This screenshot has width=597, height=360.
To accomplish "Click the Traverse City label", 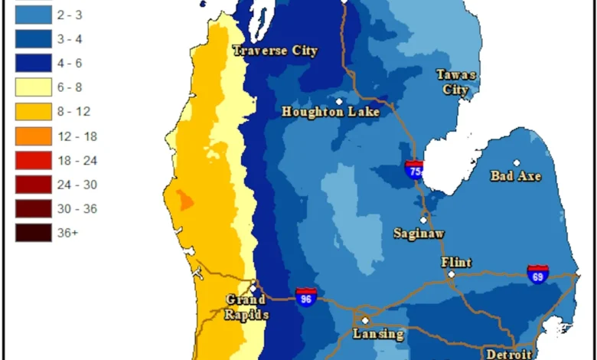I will click(x=275, y=51).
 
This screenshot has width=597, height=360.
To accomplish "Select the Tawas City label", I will click(x=456, y=82).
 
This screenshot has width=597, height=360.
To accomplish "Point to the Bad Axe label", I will click(x=515, y=176).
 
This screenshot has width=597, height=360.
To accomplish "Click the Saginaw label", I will click(x=419, y=233).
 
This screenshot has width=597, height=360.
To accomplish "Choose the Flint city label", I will click(x=456, y=262).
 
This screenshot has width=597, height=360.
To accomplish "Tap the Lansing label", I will click(x=378, y=334).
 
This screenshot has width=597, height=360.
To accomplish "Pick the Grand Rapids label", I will click(x=246, y=307).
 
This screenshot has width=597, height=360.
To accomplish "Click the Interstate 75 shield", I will click(x=414, y=170).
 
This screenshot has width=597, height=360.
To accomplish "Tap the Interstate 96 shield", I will click(x=306, y=298).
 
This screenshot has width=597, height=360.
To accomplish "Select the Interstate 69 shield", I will click(x=538, y=274).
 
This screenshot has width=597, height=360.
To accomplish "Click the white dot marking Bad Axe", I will click(x=517, y=162).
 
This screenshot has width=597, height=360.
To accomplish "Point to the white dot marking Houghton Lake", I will click(x=339, y=101).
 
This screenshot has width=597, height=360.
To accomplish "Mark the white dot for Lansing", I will click(x=365, y=320).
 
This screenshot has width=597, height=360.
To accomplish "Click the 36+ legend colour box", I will click(x=32, y=232).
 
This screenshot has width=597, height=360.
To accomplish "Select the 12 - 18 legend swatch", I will click(x=32, y=136).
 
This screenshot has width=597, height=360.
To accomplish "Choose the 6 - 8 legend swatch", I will click(x=32, y=87).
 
